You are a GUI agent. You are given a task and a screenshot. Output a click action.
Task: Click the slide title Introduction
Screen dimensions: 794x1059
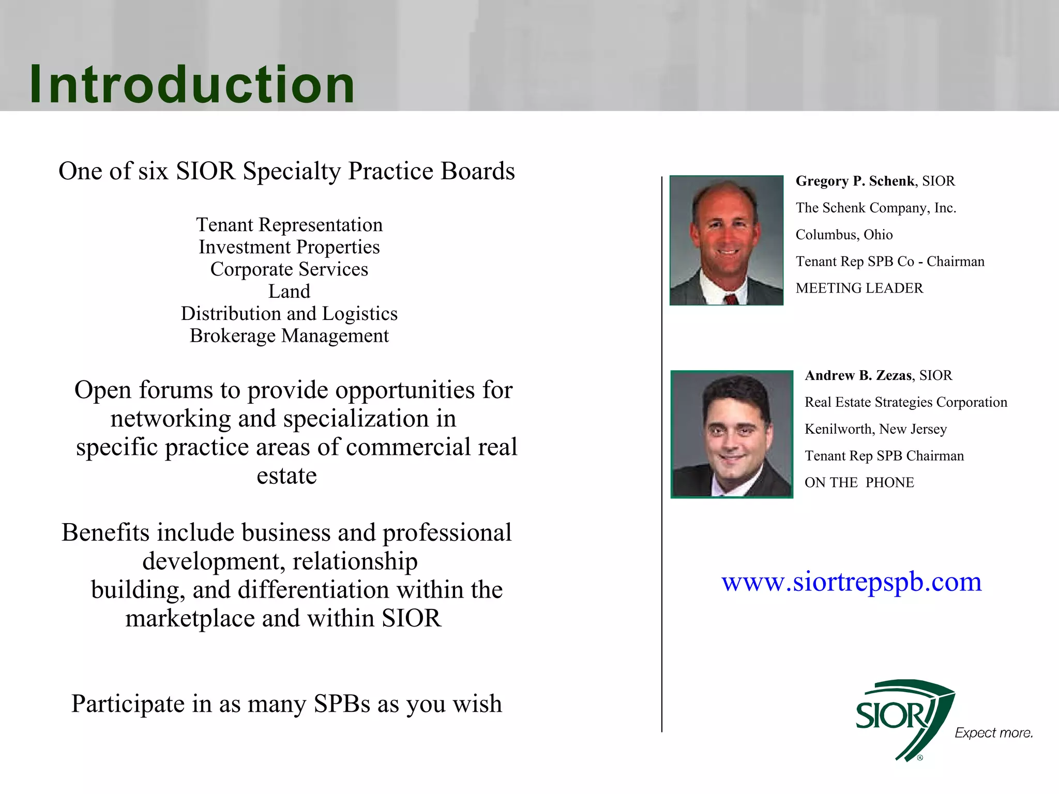pos(191,84)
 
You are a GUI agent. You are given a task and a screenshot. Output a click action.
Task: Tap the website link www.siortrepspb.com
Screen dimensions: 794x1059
pos(851,582)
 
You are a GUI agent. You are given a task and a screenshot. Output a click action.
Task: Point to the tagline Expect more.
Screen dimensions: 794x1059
pos(993,732)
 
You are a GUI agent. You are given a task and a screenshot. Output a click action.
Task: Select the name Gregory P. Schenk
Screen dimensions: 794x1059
pos(855,181)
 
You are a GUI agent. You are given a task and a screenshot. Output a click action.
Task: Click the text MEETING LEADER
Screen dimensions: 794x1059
pos(859,288)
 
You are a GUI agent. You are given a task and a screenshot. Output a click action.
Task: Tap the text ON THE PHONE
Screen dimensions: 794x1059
pos(859,482)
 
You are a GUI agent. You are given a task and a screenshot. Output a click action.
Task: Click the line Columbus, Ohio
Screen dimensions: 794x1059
pos(844,235)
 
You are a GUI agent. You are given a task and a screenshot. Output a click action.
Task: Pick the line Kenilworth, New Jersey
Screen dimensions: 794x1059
pos(875,429)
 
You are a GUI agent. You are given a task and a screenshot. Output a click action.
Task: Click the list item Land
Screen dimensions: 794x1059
pos(289,292)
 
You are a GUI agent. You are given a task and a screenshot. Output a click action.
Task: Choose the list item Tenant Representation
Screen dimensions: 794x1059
pos(289,225)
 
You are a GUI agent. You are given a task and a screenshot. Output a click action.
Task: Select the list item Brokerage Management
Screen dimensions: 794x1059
pos(289,336)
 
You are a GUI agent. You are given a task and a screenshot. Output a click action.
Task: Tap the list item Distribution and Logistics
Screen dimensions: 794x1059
pos(289,314)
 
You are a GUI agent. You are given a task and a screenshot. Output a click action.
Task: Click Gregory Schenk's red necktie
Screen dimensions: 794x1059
pos(731,299)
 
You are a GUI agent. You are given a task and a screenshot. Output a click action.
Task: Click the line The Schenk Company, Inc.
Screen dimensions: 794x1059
pos(875,208)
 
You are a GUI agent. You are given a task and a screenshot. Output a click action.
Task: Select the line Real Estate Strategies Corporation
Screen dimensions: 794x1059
pos(905,402)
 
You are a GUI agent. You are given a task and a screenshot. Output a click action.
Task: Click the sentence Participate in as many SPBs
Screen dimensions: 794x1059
pos(286,704)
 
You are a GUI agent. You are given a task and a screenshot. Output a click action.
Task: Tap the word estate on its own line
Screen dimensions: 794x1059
pos(286,476)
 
